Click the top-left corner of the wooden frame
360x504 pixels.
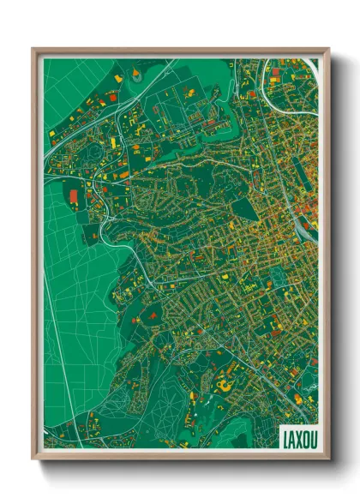pos(33,50)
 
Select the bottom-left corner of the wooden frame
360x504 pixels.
pos(33,458)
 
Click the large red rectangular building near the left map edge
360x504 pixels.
pos(73,197)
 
